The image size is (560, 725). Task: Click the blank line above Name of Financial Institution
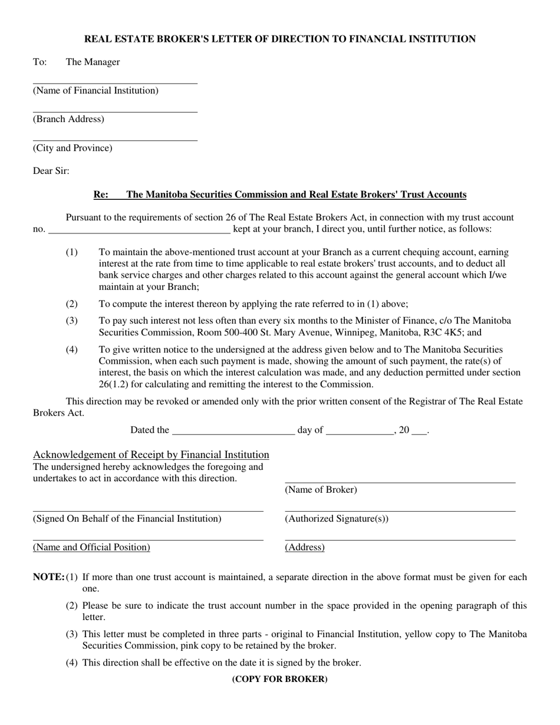[115, 83]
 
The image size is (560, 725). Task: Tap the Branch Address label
[68, 119]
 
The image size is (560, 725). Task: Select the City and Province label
[73, 148]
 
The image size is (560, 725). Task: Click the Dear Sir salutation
[51, 171]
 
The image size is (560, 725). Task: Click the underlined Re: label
[101, 195]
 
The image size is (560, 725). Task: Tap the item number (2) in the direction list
[71, 304]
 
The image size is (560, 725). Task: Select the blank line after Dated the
[233, 433]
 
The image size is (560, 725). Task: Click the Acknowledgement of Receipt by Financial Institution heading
[151, 454]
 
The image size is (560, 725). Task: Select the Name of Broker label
[321, 490]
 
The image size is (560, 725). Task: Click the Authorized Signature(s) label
[337, 519]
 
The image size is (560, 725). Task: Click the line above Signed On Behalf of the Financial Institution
[148, 511]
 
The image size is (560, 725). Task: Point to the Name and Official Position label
[92, 547]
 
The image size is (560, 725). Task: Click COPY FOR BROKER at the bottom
[280, 679]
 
